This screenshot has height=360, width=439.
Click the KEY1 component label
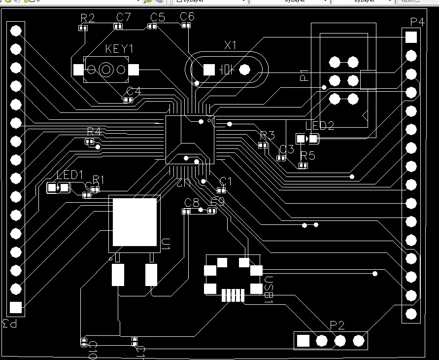coord(119,49)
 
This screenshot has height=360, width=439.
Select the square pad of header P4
coord(411,37)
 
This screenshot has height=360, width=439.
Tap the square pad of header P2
coord(303,340)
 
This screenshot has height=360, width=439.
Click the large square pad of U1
coord(135,222)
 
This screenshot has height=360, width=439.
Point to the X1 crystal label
coord(230,45)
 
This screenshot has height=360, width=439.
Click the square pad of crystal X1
coord(209,70)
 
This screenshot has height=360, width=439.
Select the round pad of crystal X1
coord(245,70)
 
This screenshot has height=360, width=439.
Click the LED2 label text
coord(320,126)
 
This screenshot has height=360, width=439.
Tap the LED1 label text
coord(70,175)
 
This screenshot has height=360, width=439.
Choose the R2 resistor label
coord(87,18)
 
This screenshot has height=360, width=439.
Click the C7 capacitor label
coord(124,18)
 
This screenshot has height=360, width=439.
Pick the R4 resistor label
coord(94,131)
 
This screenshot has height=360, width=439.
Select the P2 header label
coord(337,324)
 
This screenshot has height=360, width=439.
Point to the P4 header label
coord(417,22)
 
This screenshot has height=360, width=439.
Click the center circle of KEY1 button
coord(106,70)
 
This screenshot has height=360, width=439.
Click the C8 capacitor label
coord(192,202)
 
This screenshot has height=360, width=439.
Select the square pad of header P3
coord(16,307)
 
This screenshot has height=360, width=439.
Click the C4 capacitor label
coord(134,91)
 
